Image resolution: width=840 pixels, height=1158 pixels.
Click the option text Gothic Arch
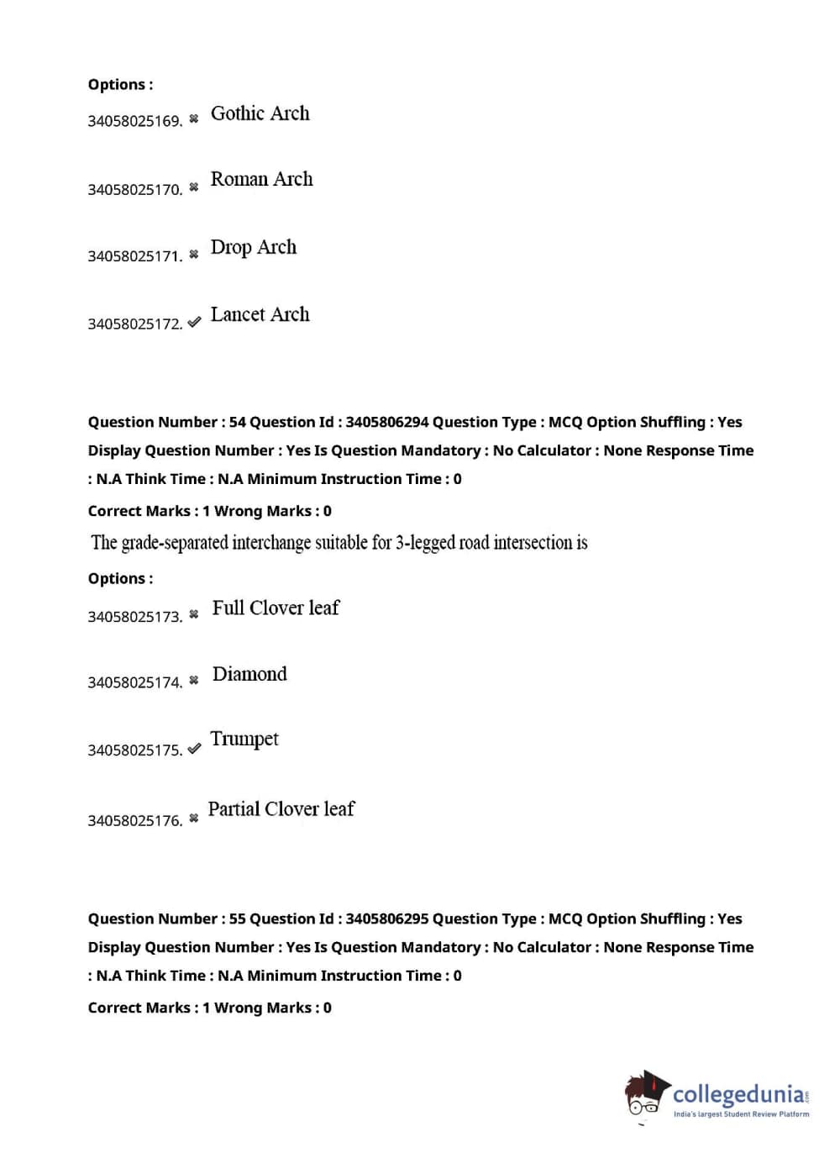[x=260, y=113]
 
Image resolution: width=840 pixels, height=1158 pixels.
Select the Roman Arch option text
[x=261, y=179]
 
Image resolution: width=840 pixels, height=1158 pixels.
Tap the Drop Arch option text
[x=253, y=247]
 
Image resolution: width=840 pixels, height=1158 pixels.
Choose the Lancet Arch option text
[x=260, y=314]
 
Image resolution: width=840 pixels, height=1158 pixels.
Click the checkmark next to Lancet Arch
[x=194, y=322]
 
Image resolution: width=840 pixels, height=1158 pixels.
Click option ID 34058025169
[x=134, y=121]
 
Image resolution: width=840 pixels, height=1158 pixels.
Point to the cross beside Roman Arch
[x=194, y=187]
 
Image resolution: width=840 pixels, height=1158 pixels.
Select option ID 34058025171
[x=134, y=256]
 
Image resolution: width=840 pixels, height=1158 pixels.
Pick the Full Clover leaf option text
[x=276, y=608]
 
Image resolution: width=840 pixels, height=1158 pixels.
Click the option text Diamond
[x=249, y=674]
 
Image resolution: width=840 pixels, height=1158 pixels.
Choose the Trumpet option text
[x=244, y=739]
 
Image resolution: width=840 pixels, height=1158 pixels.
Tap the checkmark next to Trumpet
[x=194, y=748]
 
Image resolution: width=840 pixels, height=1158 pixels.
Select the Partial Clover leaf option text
[x=281, y=809]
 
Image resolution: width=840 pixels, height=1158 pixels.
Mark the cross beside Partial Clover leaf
[x=194, y=818]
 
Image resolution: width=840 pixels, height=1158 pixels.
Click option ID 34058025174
[x=134, y=682]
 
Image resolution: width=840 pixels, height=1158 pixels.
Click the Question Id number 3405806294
[x=386, y=422]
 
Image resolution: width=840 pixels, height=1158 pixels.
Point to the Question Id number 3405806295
[x=386, y=919]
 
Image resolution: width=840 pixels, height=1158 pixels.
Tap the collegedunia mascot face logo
[x=644, y=1095]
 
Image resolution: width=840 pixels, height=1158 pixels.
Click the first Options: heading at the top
[x=120, y=84]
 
